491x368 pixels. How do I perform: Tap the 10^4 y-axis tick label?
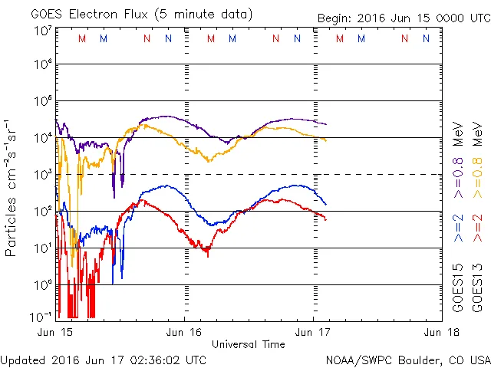(42, 138)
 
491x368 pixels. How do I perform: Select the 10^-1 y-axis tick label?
(42, 316)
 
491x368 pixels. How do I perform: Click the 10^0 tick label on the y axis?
(42, 284)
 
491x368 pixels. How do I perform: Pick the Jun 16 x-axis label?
(184, 332)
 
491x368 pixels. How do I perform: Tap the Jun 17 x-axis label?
(313, 332)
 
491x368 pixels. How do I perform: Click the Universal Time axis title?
(248, 344)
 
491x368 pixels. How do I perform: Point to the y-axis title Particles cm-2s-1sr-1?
(12, 188)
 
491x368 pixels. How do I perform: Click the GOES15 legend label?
(458, 287)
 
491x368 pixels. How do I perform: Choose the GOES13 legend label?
(476, 287)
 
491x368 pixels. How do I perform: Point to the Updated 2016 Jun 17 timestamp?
(104, 359)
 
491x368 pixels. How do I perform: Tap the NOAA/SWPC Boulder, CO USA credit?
(407, 359)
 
